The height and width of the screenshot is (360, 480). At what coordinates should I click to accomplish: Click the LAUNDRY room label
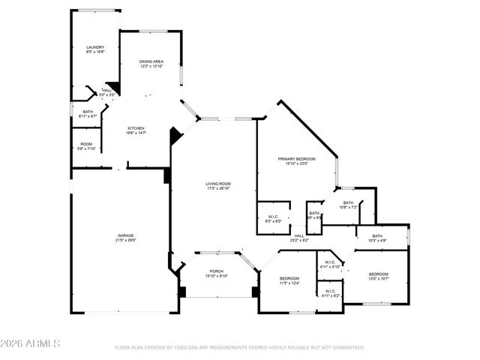pos(94,46)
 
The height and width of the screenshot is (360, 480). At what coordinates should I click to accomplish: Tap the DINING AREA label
pos(151,61)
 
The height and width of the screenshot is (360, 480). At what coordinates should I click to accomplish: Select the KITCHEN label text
pos(136,127)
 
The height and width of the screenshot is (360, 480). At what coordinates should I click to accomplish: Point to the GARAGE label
pos(125,235)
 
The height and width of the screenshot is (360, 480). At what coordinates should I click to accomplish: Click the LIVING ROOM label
pos(218,184)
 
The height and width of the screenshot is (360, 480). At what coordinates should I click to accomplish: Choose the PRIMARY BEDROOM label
pos(296,159)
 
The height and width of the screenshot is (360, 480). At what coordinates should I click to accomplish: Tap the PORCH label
pos(217,271)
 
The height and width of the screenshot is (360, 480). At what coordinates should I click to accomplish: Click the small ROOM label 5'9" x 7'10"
pos(87,144)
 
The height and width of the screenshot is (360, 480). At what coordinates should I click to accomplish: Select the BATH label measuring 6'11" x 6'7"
pos(88,112)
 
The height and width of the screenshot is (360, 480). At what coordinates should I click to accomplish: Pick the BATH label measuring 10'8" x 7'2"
pos(348,202)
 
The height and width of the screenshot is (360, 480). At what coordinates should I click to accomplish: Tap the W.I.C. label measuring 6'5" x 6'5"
pos(273,217)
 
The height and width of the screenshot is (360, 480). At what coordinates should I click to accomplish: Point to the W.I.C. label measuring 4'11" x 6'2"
pos(330,292)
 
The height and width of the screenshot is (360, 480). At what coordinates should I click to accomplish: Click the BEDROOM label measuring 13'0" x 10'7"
pos(378,274)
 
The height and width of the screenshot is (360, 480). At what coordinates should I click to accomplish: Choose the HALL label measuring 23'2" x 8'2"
pos(298,235)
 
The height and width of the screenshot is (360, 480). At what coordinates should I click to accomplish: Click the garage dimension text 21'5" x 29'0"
pos(125,240)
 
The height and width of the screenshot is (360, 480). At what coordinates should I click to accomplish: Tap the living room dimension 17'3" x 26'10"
pos(218,188)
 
